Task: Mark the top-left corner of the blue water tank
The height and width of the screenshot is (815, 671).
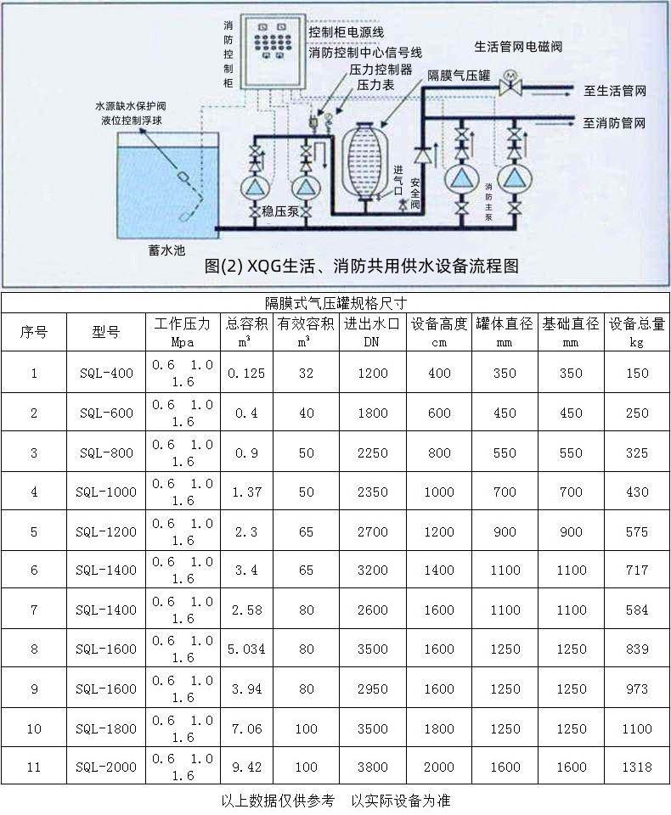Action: point(117,132)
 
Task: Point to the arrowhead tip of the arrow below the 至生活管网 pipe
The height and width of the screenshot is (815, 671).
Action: point(571,96)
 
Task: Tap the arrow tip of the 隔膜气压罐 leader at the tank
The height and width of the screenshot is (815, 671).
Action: point(381,126)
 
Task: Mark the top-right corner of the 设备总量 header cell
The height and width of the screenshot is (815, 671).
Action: point(669,313)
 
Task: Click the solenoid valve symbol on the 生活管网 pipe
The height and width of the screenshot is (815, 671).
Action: point(510,83)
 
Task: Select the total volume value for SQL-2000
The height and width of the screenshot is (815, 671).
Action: point(246,767)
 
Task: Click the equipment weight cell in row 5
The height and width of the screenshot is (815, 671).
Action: point(637,531)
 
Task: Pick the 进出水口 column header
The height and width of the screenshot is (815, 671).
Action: point(372,332)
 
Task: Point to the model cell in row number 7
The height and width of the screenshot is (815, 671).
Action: point(106,609)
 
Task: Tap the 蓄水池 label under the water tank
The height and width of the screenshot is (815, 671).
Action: point(166,250)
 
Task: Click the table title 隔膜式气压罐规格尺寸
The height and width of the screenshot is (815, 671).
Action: point(335,303)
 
